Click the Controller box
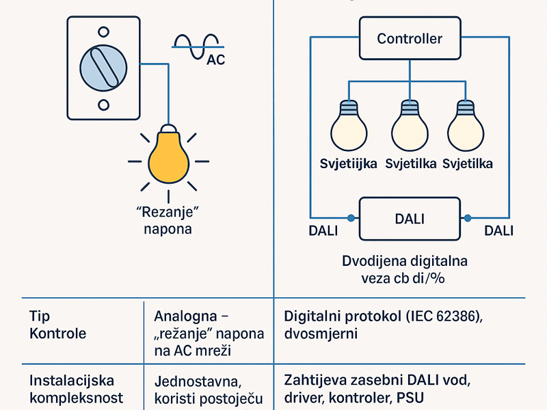(410, 39)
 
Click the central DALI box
(410, 219)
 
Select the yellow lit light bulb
(168, 156)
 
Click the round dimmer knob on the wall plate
(104, 68)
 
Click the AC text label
(215, 60)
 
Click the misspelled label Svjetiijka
(348, 164)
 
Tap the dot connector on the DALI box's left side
(351, 218)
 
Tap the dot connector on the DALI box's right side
(468, 218)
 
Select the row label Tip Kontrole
(58, 325)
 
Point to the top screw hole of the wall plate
(104, 31)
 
